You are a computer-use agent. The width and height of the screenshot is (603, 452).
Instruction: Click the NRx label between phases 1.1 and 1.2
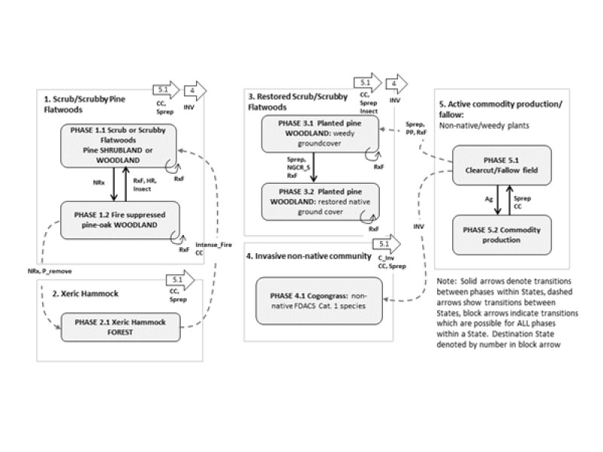(x=97, y=182)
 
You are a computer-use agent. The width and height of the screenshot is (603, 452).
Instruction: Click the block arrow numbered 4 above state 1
(x=195, y=91)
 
